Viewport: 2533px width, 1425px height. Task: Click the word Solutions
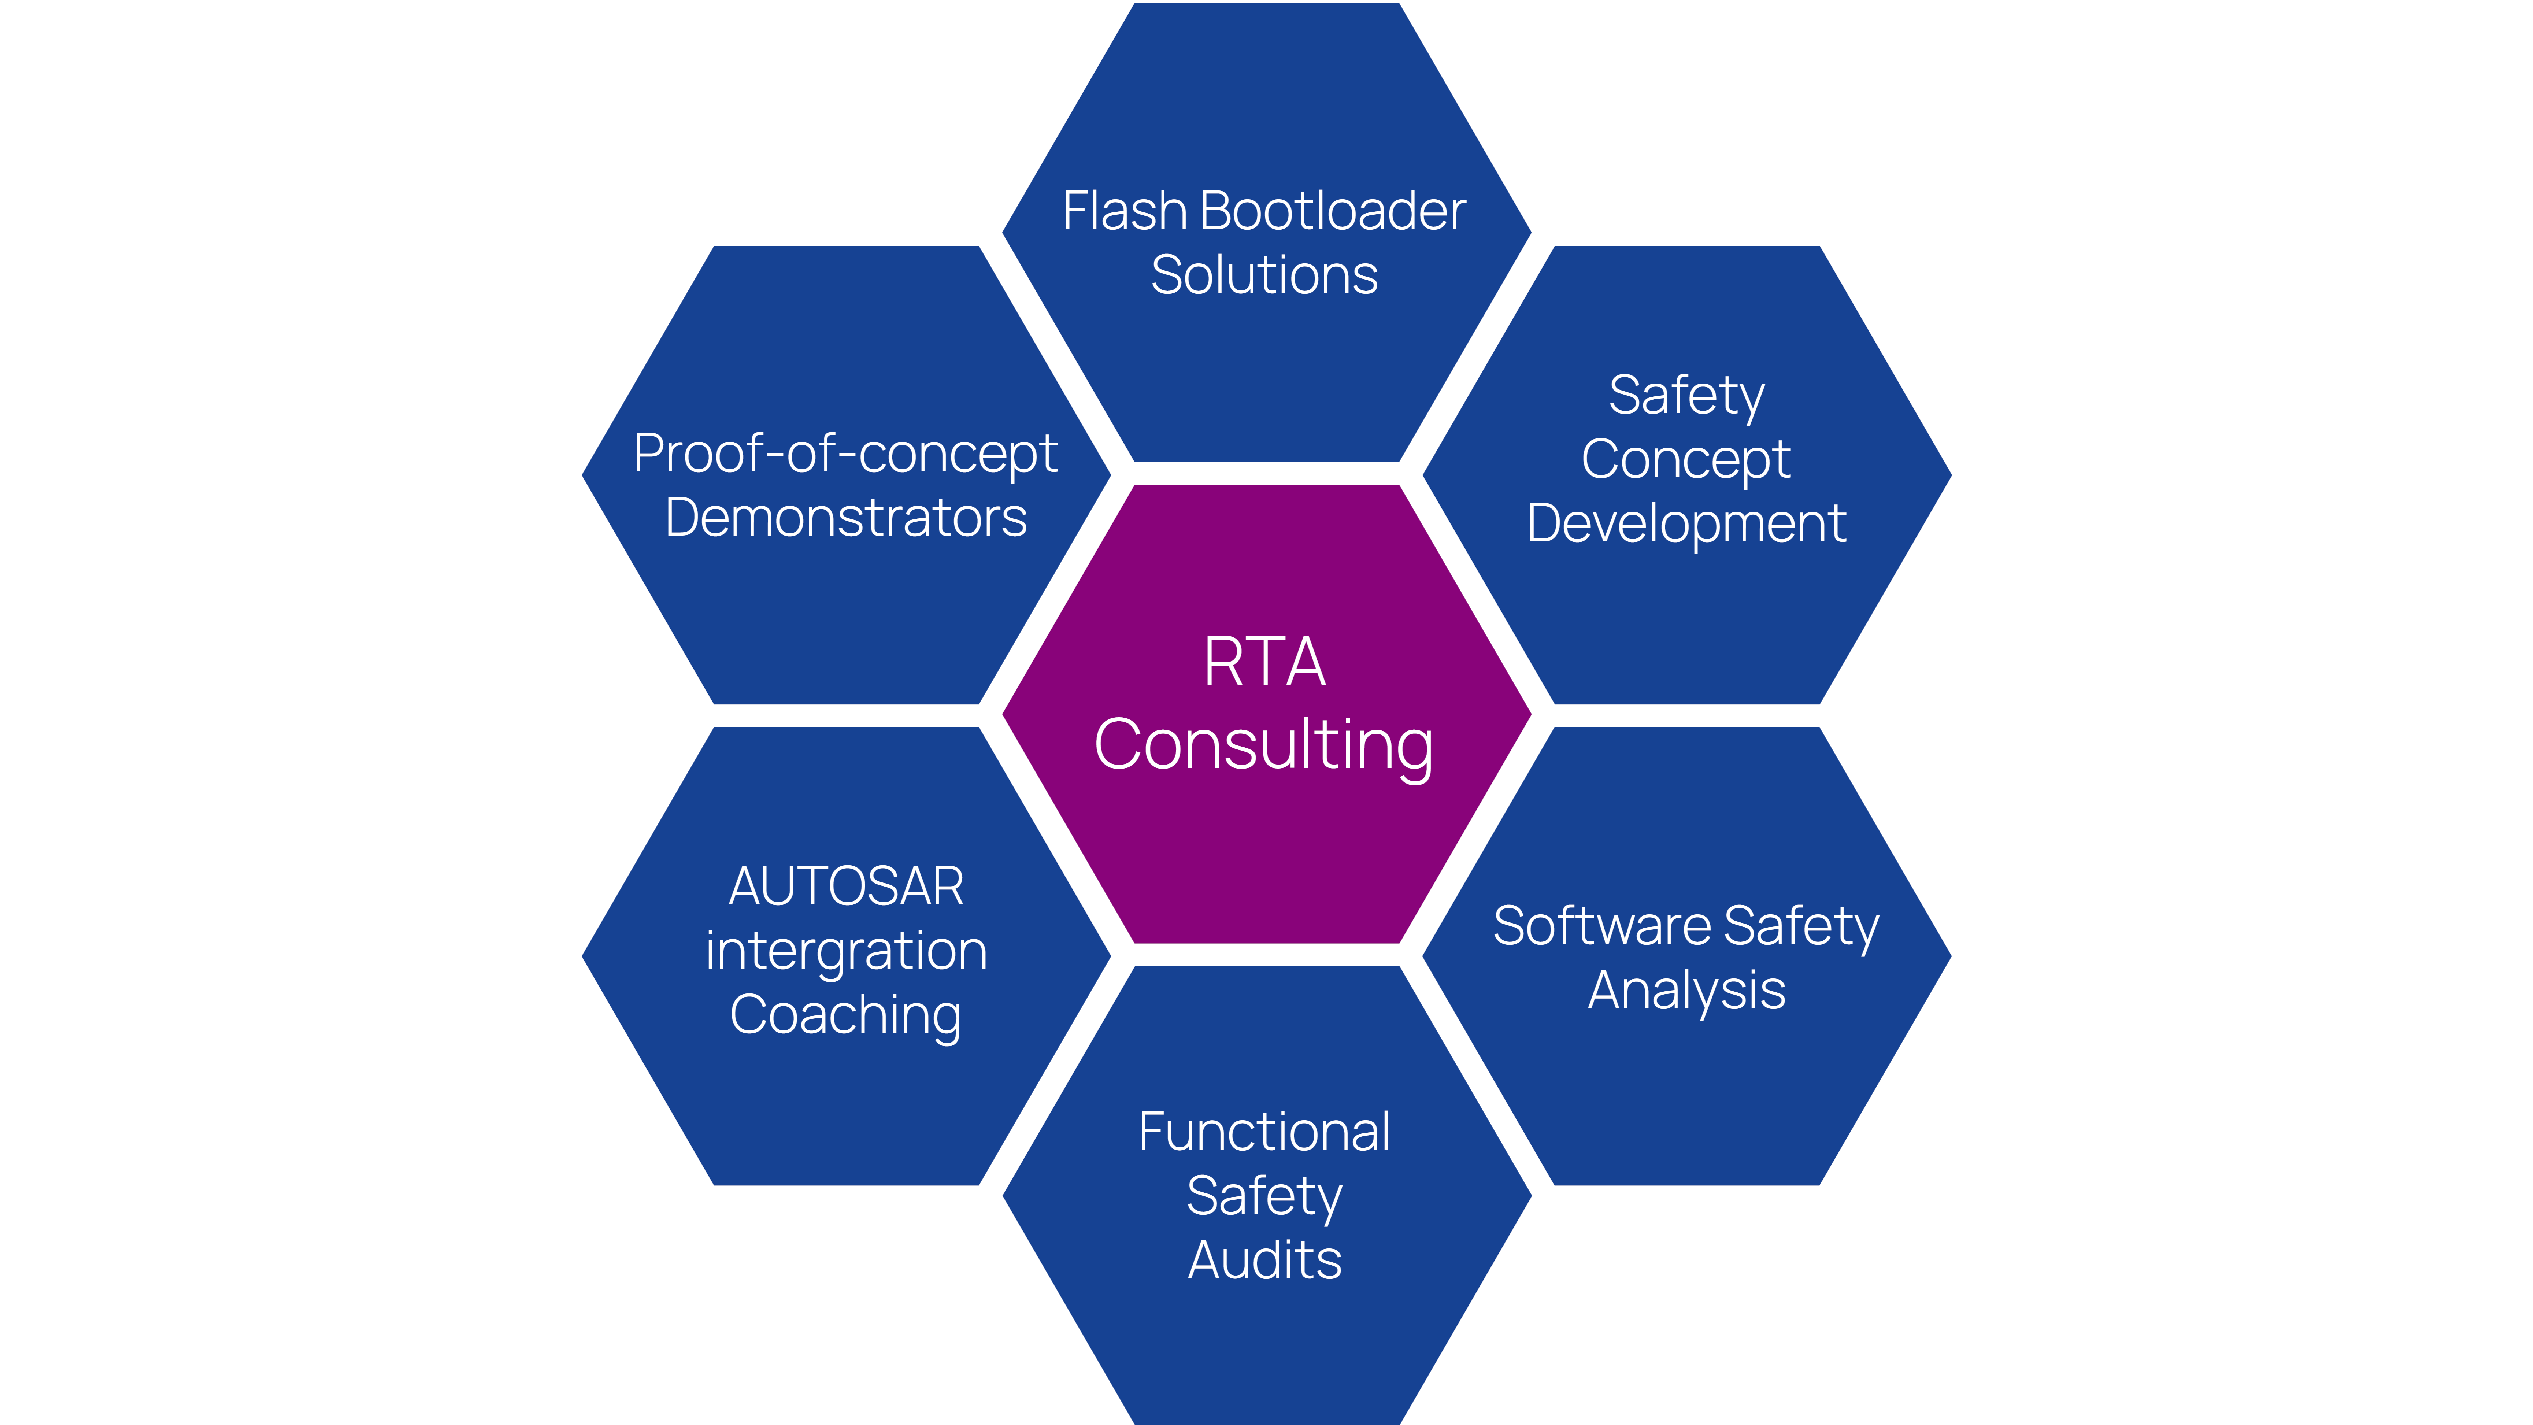pyautogui.click(x=1264, y=275)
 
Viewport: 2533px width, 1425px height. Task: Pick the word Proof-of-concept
pyautogui.click(x=846, y=454)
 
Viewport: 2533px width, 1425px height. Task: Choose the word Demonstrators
pyautogui.click(x=846, y=518)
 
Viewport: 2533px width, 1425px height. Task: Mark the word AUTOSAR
pyautogui.click(x=846, y=887)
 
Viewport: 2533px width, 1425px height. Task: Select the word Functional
pyautogui.click(x=1264, y=1132)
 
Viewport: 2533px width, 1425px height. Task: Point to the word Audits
pyautogui.click(x=1264, y=1261)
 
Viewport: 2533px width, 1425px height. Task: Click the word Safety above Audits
pyautogui.click(x=1264, y=1197)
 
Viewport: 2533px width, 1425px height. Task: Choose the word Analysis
pyautogui.click(x=1686, y=990)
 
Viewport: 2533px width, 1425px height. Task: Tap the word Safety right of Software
pyautogui.click(x=1801, y=926)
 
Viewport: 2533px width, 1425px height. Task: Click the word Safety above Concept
pyautogui.click(x=1686, y=396)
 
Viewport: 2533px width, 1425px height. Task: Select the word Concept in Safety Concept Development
pyautogui.click(x=1686, y=459)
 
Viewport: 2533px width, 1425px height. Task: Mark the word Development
pyautogui.click(x=1686, y=523)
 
